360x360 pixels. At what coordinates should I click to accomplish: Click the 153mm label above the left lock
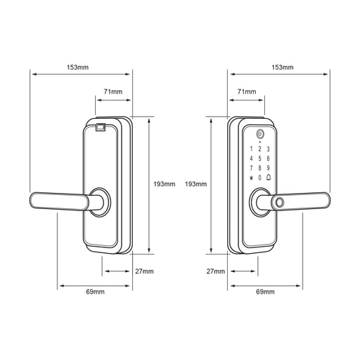78,67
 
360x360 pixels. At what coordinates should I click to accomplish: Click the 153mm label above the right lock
282,67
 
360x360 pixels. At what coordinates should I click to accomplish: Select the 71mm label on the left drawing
113,92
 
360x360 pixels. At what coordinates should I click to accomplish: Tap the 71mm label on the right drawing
247,92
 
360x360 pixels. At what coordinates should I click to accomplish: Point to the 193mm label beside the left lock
164,184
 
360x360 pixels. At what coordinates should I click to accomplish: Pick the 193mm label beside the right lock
196,184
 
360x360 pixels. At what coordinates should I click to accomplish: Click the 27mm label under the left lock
145,271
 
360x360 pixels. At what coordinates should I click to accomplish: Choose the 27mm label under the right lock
216,271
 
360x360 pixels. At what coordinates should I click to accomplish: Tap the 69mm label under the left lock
95,291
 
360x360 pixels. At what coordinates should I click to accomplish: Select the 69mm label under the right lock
265,291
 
